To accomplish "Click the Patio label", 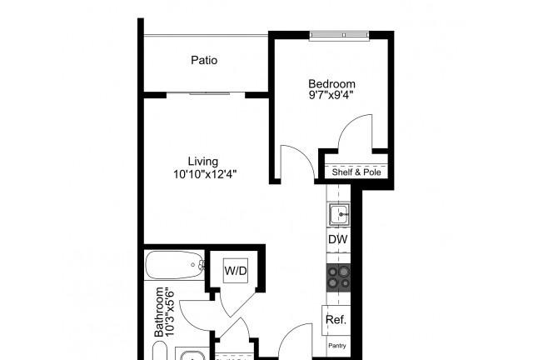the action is click(x=204, y=60).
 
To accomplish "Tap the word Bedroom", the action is click(x=327, y=83).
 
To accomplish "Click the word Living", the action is click(x=203, y=162).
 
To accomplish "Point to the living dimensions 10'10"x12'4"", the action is click(x=204, y=174).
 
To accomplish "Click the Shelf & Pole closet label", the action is click(x=356, y=172).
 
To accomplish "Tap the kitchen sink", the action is click(x=339, y=214).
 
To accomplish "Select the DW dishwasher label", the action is click(x=338, y=239).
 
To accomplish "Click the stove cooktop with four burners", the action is click(x=339, y=277).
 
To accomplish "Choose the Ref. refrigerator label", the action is click(x=336, y=319).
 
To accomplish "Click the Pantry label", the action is click(x=336, y=345).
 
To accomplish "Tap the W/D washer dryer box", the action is click(x=236, y=271).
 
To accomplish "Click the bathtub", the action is click(x=175, y=265).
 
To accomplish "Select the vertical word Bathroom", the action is click(x=159, y=312).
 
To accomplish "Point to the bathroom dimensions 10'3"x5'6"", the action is click(x=170, y=313).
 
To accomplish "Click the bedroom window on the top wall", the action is click(x=339, y=35).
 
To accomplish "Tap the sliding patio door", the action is click(x=206, y=92).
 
